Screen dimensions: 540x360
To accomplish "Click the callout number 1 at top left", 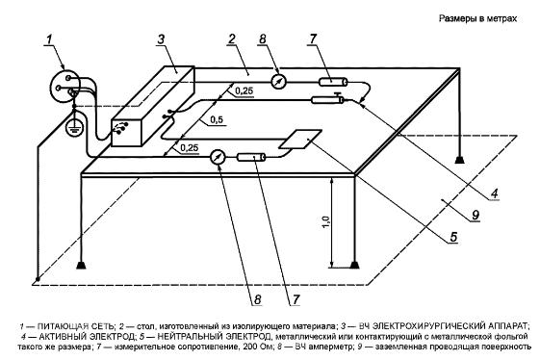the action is [x=50, y=39].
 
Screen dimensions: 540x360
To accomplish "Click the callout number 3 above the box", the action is [x=161, y=39].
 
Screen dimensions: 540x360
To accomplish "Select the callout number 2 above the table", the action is [x=232, y=39].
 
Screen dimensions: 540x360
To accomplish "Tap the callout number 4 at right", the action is [x=494, y=193].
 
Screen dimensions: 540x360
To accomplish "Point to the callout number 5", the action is [x=453, y=237].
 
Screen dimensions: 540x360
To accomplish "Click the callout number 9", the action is [x=476, y=215].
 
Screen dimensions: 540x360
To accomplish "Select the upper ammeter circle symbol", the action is [x=278, y=82].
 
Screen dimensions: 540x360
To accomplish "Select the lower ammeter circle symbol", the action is [x=218, y=157].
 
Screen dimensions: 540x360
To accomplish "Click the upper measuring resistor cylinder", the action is [x=333, y=82].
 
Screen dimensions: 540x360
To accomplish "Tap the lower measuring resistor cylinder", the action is [x=251, y=158].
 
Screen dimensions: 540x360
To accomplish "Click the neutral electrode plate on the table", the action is [x=300, y=140].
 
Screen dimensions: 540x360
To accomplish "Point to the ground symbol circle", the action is [x=72, y=127].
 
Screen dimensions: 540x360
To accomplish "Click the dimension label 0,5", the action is [x=217, y=120].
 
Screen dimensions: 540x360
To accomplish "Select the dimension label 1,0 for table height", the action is [x=326, y=222].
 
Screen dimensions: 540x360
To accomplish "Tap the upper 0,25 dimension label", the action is [x=244, y=90].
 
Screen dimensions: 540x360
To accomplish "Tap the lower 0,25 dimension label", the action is [x=190, y=148].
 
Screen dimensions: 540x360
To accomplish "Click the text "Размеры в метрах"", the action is [x=477, y=18].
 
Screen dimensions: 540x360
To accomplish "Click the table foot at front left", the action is [x=81, y=266].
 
